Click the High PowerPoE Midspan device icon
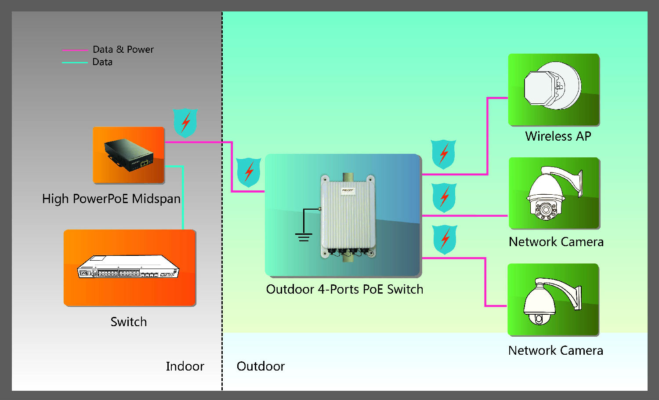pos(129,155)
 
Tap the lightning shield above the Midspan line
pos(185,122)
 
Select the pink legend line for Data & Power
pos(75,50)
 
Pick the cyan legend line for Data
pos(75,63)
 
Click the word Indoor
pos(185,366)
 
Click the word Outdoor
pos(261,366)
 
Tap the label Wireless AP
pos(558,136)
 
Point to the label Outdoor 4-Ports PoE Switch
pos(344,289)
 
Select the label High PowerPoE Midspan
pos(111,199)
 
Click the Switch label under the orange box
pos(129,322)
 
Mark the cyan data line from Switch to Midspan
pos(182,198)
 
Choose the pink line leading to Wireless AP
pos(488,136)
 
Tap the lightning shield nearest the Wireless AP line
pos(443,154)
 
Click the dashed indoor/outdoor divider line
pos(222,264)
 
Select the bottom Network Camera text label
pos(555,350)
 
